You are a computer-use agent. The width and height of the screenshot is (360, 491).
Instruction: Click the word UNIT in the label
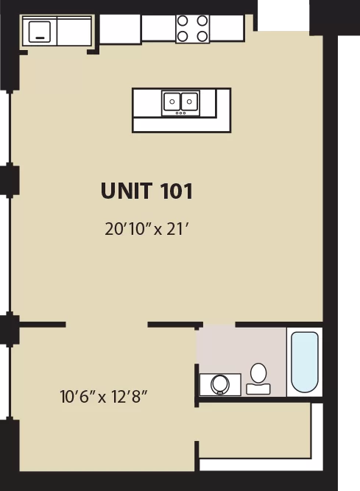127,191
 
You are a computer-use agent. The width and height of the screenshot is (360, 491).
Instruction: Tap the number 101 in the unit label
176,191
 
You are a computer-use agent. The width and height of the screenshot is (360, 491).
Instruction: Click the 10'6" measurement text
77,397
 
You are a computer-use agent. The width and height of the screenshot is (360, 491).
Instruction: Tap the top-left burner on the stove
183,21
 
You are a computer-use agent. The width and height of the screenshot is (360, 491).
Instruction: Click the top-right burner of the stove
202,21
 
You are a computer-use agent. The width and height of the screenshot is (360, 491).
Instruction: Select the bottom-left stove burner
183,36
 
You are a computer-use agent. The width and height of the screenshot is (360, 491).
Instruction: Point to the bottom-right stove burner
202,36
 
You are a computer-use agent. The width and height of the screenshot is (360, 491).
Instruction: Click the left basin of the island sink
172,101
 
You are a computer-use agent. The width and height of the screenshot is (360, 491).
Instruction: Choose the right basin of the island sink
189,101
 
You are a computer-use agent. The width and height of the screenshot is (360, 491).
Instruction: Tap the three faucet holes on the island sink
180,113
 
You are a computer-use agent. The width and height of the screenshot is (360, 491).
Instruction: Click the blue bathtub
305,361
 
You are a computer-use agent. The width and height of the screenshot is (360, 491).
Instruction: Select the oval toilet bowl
258,373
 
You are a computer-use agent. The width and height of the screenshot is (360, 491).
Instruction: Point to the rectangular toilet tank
258,389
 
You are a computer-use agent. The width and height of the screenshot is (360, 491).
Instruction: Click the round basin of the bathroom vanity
220,384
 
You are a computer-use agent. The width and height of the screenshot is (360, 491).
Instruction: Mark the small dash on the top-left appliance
40,38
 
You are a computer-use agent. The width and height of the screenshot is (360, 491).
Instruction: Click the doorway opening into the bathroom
219,325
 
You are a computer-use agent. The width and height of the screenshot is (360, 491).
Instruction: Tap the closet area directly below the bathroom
254,431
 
